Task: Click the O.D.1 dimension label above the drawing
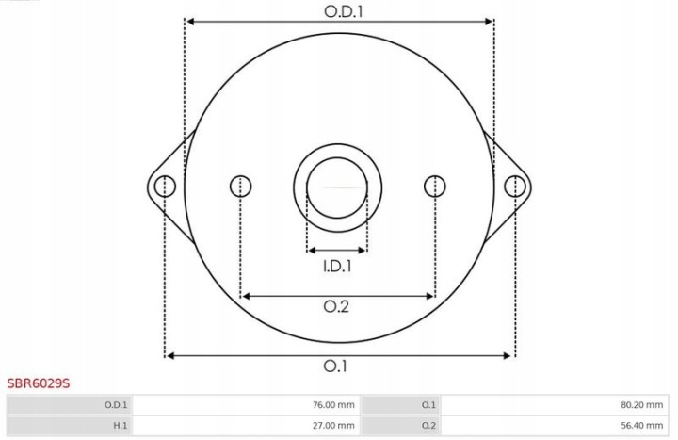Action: pyautogui.click(x=344, y=11)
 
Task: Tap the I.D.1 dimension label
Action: pyautogui.click(x=337, y=266)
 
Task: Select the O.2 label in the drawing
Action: pyautogui.click(x=336, y=307)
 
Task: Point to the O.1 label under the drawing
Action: pyautogui.click(x=335, y=366)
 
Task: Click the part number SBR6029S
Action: pyautogui.click(x=38, y=383)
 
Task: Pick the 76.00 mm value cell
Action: pyautogui.click(x=246, y=405)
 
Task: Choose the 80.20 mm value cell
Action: pyautogui.click(x=555, y=405)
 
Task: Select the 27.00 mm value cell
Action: pyautogui.click(x=246, y=425)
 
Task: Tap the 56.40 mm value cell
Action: pyautogui.click(x=555, y=425)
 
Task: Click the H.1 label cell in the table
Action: pyautogui.click(x=70, y=425)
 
